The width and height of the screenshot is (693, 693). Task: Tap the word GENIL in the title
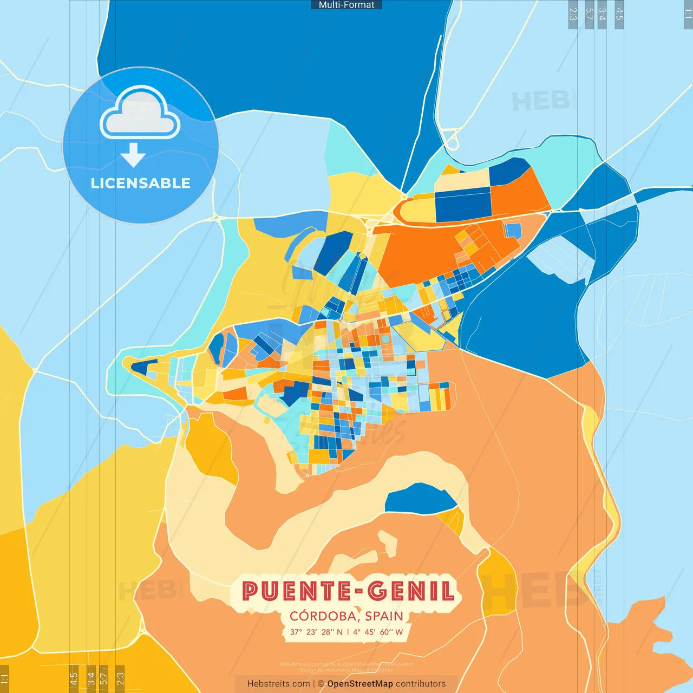pyautogui.click(x=411, y=591)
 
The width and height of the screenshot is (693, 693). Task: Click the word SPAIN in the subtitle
pyautogui.click(x=384, y=616)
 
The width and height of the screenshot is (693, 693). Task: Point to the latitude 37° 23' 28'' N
pyautogui.click(x=316, y=632)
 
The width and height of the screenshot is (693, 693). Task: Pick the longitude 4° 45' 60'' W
pyautogui.click(x=378, y=632)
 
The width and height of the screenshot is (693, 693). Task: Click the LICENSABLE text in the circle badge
pyautogui.click(x=141, y=183)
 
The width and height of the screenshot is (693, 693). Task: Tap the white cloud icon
pyautogui.click(x=140, y=114)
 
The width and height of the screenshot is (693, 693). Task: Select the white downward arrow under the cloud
pyautogui.click(x=133, y=155)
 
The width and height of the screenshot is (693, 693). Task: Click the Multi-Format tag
pyautogui.click(x=346, y=5)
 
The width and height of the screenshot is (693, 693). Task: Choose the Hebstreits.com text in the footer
pyautogui.click(x=278, y=684)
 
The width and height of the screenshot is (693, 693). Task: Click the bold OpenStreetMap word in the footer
pyautogui.click(x=360, y=684)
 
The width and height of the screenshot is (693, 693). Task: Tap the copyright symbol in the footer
pyautogui.click(x=321, y=684)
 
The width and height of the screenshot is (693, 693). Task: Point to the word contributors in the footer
pyautogui.click(x=421, y=684)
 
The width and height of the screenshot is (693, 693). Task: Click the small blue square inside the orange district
pyautogui.click(x=512, y=230)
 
